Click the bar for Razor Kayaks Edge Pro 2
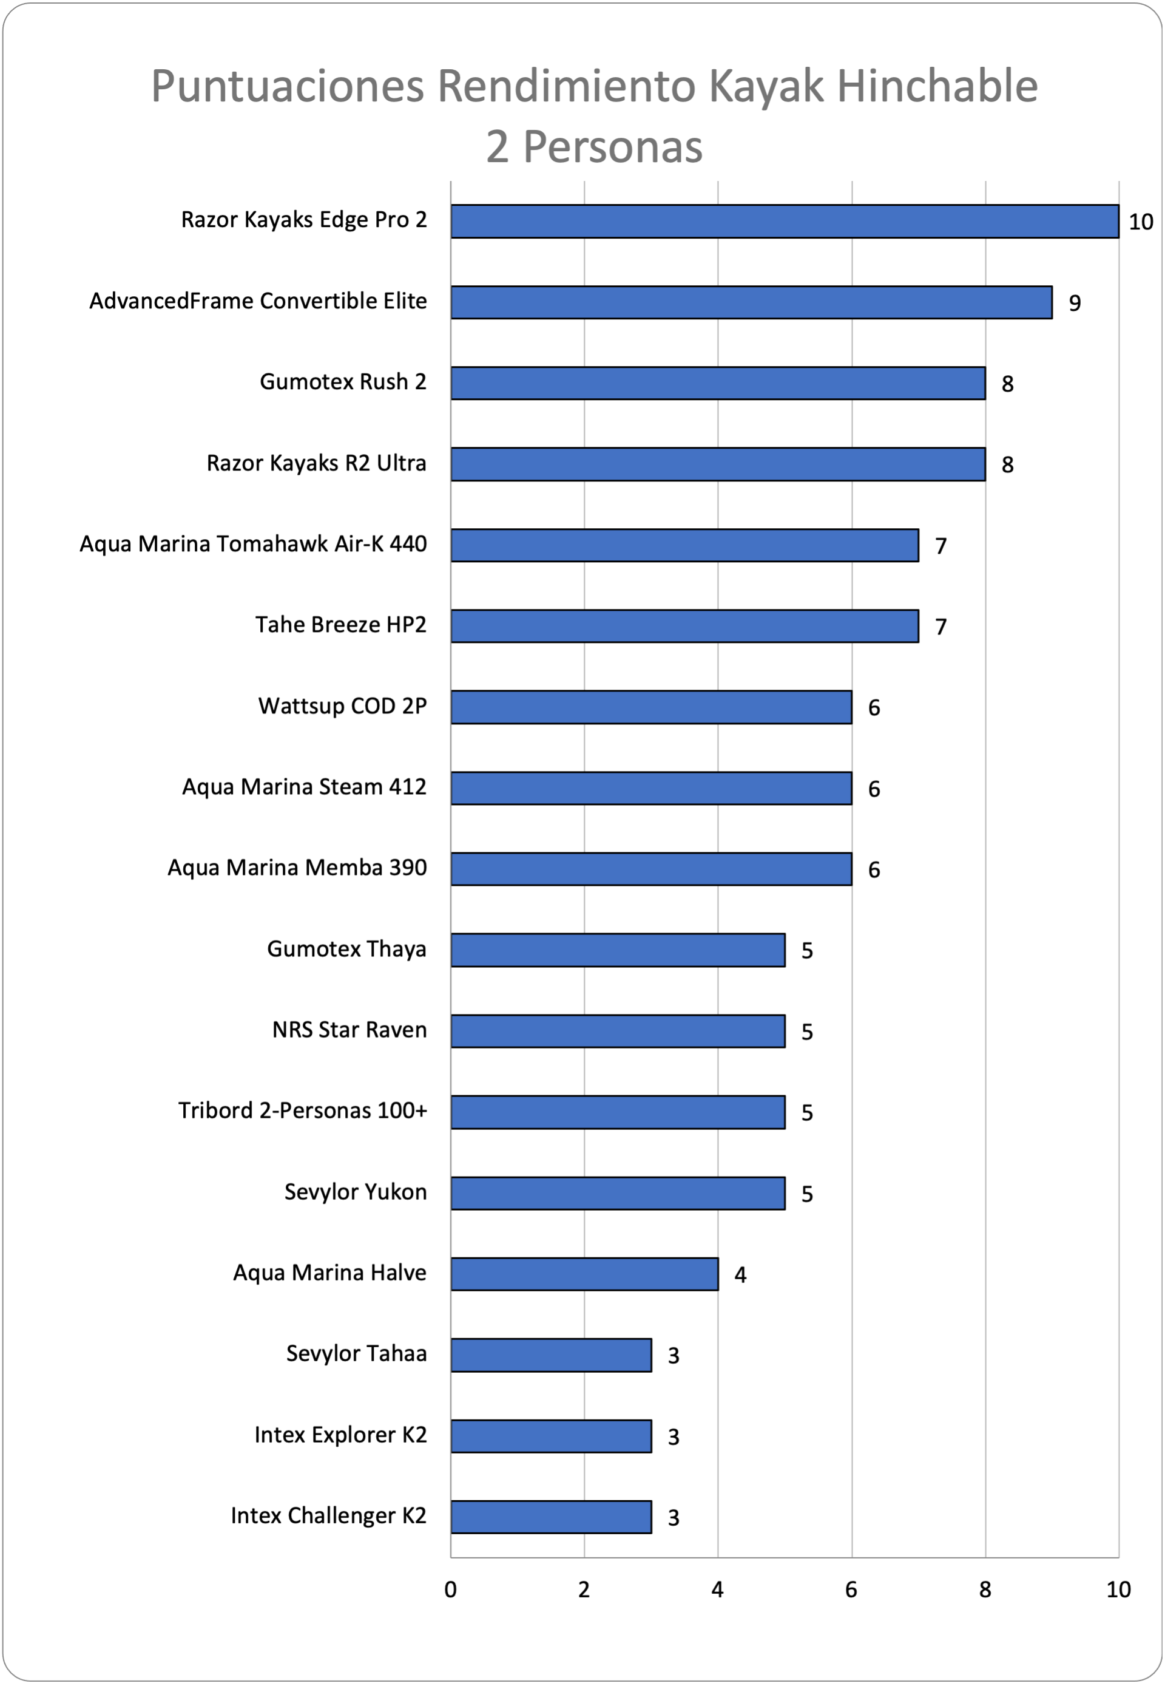click(x=785, y=221)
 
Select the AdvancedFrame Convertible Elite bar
click(x=751, y=302)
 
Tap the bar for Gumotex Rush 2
click(x=718, y=383)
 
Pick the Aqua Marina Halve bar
click(x=585, y=1274)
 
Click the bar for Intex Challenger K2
click(x=551, y=1517)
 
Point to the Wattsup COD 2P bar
click(x=651, y=707)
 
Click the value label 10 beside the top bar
click(x=1141, y=222)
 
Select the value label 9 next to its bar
click(x=1075, y=303)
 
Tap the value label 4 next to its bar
click(x=740, y=1275)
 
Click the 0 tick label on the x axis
click(x=450, y=1589)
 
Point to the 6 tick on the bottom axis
click(x=851, y=1589)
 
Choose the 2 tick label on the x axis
click(x=584, y=1589)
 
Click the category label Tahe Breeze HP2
click(x=341, y=625)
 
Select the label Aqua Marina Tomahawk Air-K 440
click(x=253, y=544)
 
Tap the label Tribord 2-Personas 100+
click(x=303, y=1110)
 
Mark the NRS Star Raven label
click(x=349, y=1030)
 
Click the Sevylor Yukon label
click(x=356, y=1192)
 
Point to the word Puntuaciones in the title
click(x=288, y=86)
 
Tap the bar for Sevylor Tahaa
click(x=551, y=1355)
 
